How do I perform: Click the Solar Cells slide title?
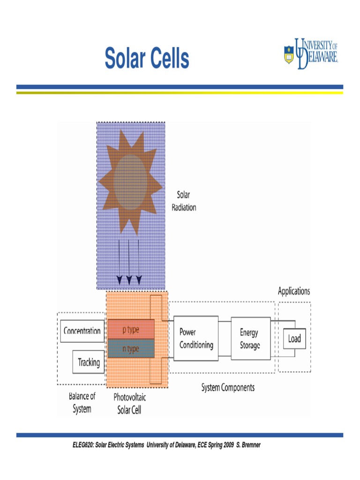147,59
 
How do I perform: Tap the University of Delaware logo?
311,53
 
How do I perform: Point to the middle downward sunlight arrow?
129,262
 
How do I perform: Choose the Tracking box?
89,362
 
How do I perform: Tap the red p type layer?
131,330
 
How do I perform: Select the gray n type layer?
131,349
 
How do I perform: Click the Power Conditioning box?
196,338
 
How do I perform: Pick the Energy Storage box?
250,338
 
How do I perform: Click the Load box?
294,338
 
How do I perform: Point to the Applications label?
294,291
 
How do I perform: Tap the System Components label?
228,388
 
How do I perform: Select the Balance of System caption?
82,403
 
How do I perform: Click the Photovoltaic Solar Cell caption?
130,404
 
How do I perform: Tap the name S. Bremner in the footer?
248,445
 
